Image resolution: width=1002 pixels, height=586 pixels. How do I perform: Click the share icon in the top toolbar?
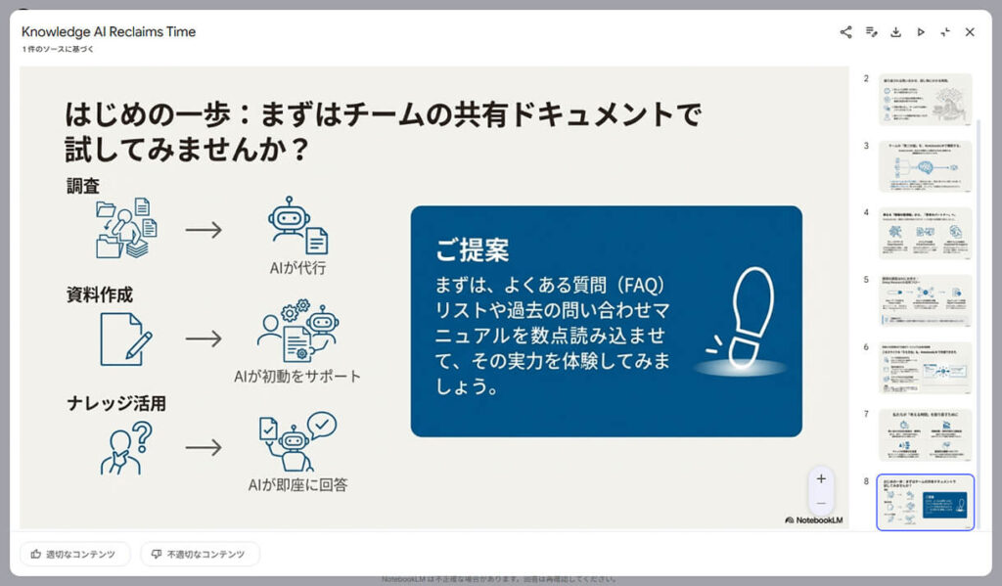(845, 32)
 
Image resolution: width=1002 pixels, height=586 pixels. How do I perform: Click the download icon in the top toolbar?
(895, 32)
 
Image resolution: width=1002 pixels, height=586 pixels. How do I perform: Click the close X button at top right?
(970, 32)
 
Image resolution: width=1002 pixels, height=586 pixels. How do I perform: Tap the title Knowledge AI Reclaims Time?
(109, 31)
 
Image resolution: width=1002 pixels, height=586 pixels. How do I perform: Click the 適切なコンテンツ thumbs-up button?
(74, 555)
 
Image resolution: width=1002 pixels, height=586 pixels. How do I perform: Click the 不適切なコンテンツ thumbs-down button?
(200, 555)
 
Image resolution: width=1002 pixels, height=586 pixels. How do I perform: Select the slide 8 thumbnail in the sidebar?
(925, 502)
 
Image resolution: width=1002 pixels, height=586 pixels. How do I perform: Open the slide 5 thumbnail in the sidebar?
(925, 300)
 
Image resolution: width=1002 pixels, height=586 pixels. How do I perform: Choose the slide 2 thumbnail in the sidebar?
(925, 100)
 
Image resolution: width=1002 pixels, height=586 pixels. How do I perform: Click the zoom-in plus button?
(821, 478)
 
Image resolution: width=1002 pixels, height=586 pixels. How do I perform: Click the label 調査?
(83, 185)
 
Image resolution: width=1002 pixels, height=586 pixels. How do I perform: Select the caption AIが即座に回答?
(298, 485)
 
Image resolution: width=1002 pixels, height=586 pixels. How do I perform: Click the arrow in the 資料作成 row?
(204, 338)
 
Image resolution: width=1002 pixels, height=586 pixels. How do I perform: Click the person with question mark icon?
(125, 447)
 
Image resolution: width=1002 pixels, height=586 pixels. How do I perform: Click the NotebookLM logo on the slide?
(813, 519)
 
